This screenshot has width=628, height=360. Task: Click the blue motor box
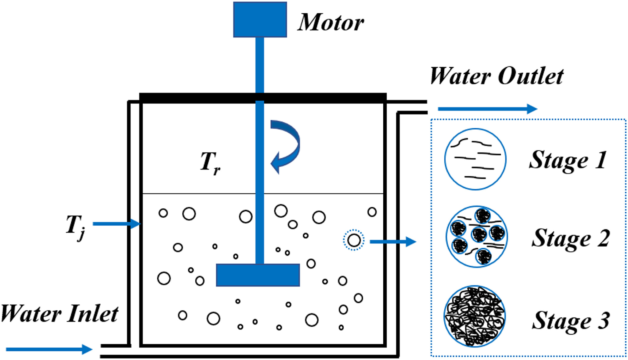tap(260, 19)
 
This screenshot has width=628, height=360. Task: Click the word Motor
tap(331, 22)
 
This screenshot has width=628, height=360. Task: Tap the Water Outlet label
tap(497, 76)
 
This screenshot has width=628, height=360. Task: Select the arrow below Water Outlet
tap(488, 109)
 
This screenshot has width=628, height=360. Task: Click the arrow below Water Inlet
tap(49, 349)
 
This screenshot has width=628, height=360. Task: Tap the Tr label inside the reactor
tap(210, 163)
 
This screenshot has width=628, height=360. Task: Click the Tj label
tap(75, 228)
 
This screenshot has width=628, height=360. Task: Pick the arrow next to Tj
tap(117, 224)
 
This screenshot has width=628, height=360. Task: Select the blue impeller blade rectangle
tap(258, 275)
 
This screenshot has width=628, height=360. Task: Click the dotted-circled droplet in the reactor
tap(354, 240)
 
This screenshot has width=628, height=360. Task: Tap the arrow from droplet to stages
tap(393, 242)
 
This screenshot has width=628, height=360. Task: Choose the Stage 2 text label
tap(571, 239)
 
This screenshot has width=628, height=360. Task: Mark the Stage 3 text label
tap(571, 321)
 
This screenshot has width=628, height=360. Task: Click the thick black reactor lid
tap(263, 98)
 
